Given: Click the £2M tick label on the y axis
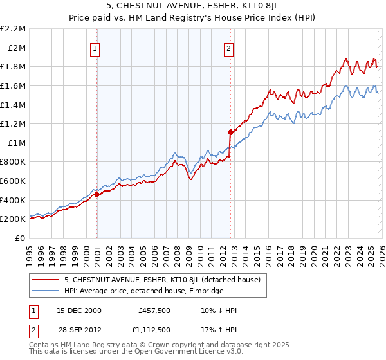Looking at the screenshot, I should pyautogui.click(x=16, y=48).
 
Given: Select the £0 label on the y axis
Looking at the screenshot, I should pyautogui.click(x=20, y=238).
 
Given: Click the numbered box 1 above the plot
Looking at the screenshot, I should pyautogui.click(x=95, y=48).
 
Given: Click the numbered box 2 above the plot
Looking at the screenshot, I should pyautogui.click(x=228, y=48).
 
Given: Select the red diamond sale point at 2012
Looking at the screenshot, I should pyautogui.click(x=230, y=132).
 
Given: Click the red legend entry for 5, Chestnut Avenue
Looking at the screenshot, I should pyautogui.click(x=162, y=280).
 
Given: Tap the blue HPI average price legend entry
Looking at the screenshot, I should pyautogui.click(x=143, y=291).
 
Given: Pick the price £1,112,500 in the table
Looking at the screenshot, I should pyautogui.click(x=154, y=330).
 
